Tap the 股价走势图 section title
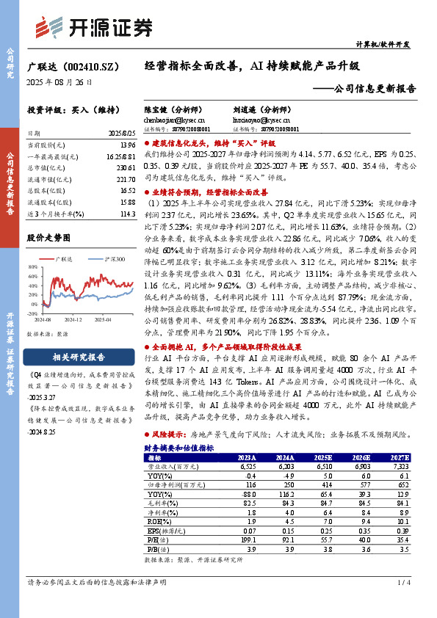(48, 238)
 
